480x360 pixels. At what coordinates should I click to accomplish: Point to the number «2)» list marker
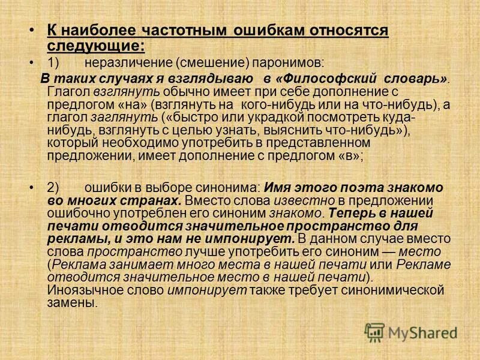pyautogui.click(x=53, y=187)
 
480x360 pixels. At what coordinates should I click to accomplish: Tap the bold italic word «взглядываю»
pyautogui.click(x=206, y=80)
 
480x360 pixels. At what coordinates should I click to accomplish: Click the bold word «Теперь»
pyautogui.click(x=346, y=213)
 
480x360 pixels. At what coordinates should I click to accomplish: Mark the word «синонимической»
pyautogui.click(x=397, y=291)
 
